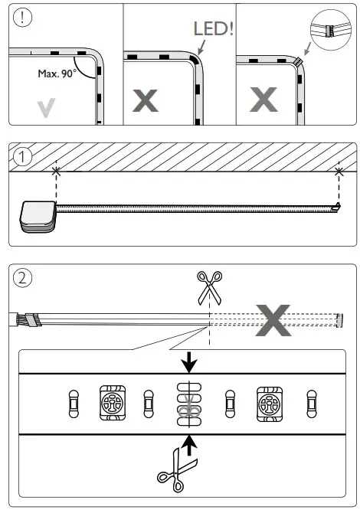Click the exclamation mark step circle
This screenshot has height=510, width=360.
(24, 19)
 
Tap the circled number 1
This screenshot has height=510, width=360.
(24, 157)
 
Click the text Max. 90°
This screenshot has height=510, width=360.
(56, 74)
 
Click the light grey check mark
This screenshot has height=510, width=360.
(47, 108)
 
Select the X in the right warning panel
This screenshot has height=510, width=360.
(265, 100)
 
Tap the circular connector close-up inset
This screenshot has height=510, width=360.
(330, 31)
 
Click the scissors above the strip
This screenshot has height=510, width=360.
(208, 289)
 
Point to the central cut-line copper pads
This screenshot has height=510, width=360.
(186, 402)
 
